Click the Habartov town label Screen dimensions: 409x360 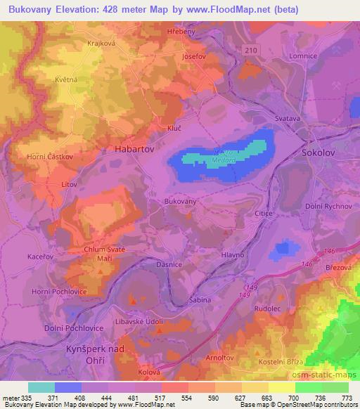point(135,150)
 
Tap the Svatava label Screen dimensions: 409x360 point(288,119)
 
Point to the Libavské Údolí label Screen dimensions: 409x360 point(141,322)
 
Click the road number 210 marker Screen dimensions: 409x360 point(252,49)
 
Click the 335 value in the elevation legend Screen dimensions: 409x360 point(27,398)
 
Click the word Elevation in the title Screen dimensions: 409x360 point(83,10)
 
